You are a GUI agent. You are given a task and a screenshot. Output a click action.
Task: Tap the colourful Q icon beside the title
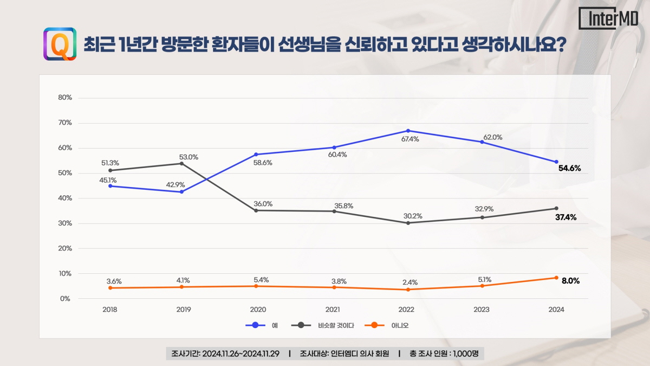60,44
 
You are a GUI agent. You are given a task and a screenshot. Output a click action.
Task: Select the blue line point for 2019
182,192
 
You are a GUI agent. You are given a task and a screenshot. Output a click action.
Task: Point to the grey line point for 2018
110,170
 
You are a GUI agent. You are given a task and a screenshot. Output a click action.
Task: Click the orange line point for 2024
556,278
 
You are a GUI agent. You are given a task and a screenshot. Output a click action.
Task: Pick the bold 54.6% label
569,168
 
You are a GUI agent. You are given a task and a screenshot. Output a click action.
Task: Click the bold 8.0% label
571,281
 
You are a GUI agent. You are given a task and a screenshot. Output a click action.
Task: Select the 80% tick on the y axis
65,98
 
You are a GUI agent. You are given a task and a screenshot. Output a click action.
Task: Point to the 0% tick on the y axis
65,299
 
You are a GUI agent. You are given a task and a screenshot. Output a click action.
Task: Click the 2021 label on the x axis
333,310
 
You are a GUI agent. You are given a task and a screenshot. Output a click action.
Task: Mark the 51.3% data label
110,163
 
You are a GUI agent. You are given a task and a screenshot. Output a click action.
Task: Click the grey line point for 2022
407,223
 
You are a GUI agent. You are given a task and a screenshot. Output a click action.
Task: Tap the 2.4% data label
409,282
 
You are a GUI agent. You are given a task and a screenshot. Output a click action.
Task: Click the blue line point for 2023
482,142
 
